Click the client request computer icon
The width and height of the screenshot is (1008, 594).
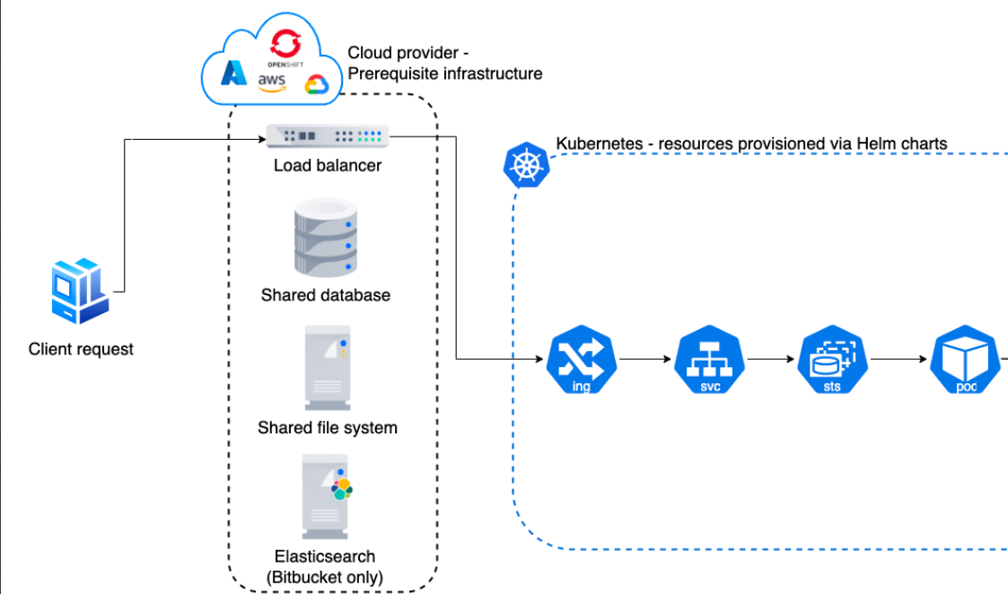[x=79, y=291]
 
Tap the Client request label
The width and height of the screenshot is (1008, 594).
[x=81, y=349]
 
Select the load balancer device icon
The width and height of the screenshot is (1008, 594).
[x=328, y=136]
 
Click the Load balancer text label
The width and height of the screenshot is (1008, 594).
[x=328, y=165]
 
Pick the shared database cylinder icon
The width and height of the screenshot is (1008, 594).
[x=325, y=237]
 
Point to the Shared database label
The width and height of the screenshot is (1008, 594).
[x=326, y=294]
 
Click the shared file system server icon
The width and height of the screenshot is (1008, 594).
[x=325, y=369]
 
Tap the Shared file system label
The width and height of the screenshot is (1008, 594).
[x=327, y=427]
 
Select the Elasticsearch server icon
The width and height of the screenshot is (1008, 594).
[x=325, y=495]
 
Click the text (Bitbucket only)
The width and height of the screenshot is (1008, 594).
[x=325, y=577]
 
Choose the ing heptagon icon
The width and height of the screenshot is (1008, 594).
[x=581, y=361]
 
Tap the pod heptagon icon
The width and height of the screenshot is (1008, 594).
[x=966, y=361]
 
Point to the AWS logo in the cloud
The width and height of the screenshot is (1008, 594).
[x=272, y=82]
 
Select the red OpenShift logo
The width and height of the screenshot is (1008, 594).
[x=285, y=41]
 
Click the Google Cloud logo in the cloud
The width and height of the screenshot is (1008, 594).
[x=317, y=84]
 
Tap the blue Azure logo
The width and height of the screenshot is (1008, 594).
[x=235, y=74]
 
